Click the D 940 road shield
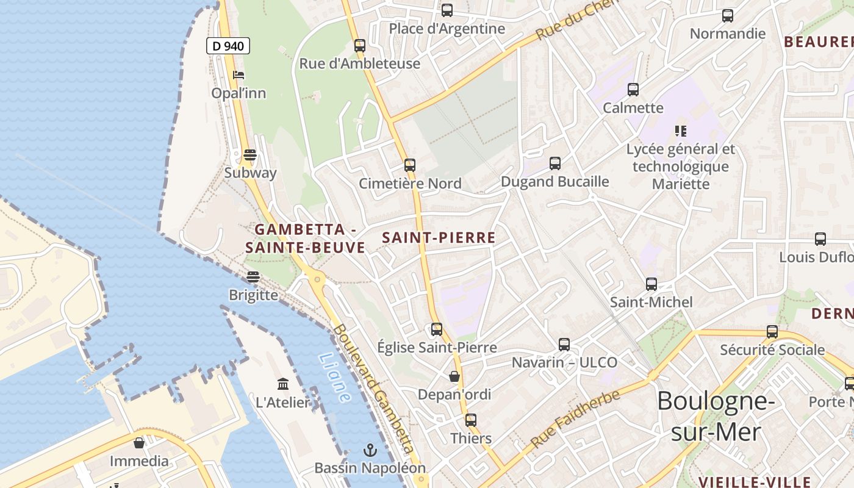tap(228, 46)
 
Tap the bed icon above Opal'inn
tap(239, 75)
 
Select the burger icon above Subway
tap(250, 154)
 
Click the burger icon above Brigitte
tap(253, 277)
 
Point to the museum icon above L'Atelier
tap(283, 384)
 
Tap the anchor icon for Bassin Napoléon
tap(370, 450)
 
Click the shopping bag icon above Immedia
tap(139, 443)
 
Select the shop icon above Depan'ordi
tap(454, 376)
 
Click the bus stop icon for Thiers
tap(470, 420)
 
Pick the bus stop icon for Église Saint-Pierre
tap(437, 329)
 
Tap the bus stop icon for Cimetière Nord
tap(410, 165)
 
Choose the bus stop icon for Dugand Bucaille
tap(554, 163)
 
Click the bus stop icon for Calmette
tap(633, 90)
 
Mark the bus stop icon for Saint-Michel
tap(651, 284)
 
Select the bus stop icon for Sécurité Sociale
tap(772, 332)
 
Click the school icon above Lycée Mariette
tap(681, 131)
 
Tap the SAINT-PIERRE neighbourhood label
tap(439, 238)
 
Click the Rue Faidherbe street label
tap(576, 418)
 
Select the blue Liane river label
tap(335, 378)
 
